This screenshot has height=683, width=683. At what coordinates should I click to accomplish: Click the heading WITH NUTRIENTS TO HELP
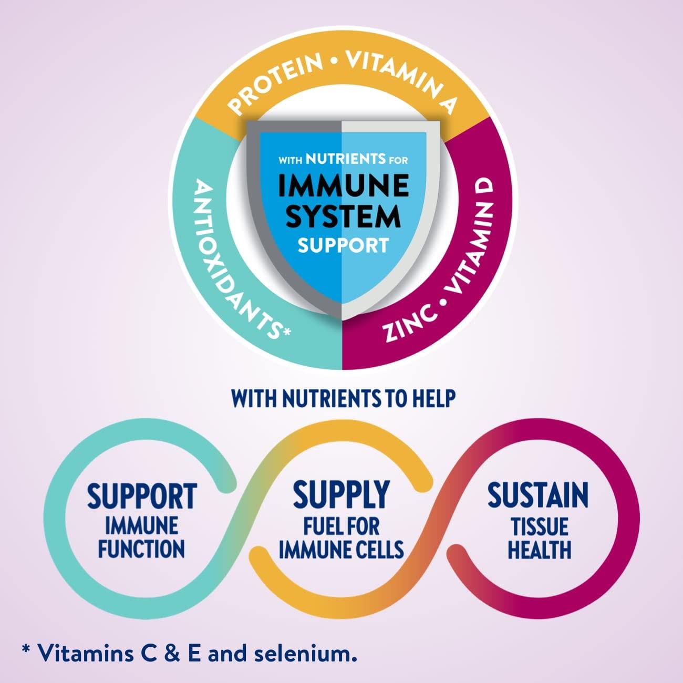click(343, 398)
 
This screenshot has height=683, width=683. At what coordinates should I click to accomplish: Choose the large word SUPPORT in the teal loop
click(142, 496)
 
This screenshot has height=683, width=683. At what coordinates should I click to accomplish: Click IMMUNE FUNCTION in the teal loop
click(142, 537)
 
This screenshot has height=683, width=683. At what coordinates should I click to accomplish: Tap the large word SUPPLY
click(341, 494)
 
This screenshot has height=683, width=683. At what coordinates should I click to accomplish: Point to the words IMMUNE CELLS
click(341, 550)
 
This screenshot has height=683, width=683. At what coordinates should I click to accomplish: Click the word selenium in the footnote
click(307, 654)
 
